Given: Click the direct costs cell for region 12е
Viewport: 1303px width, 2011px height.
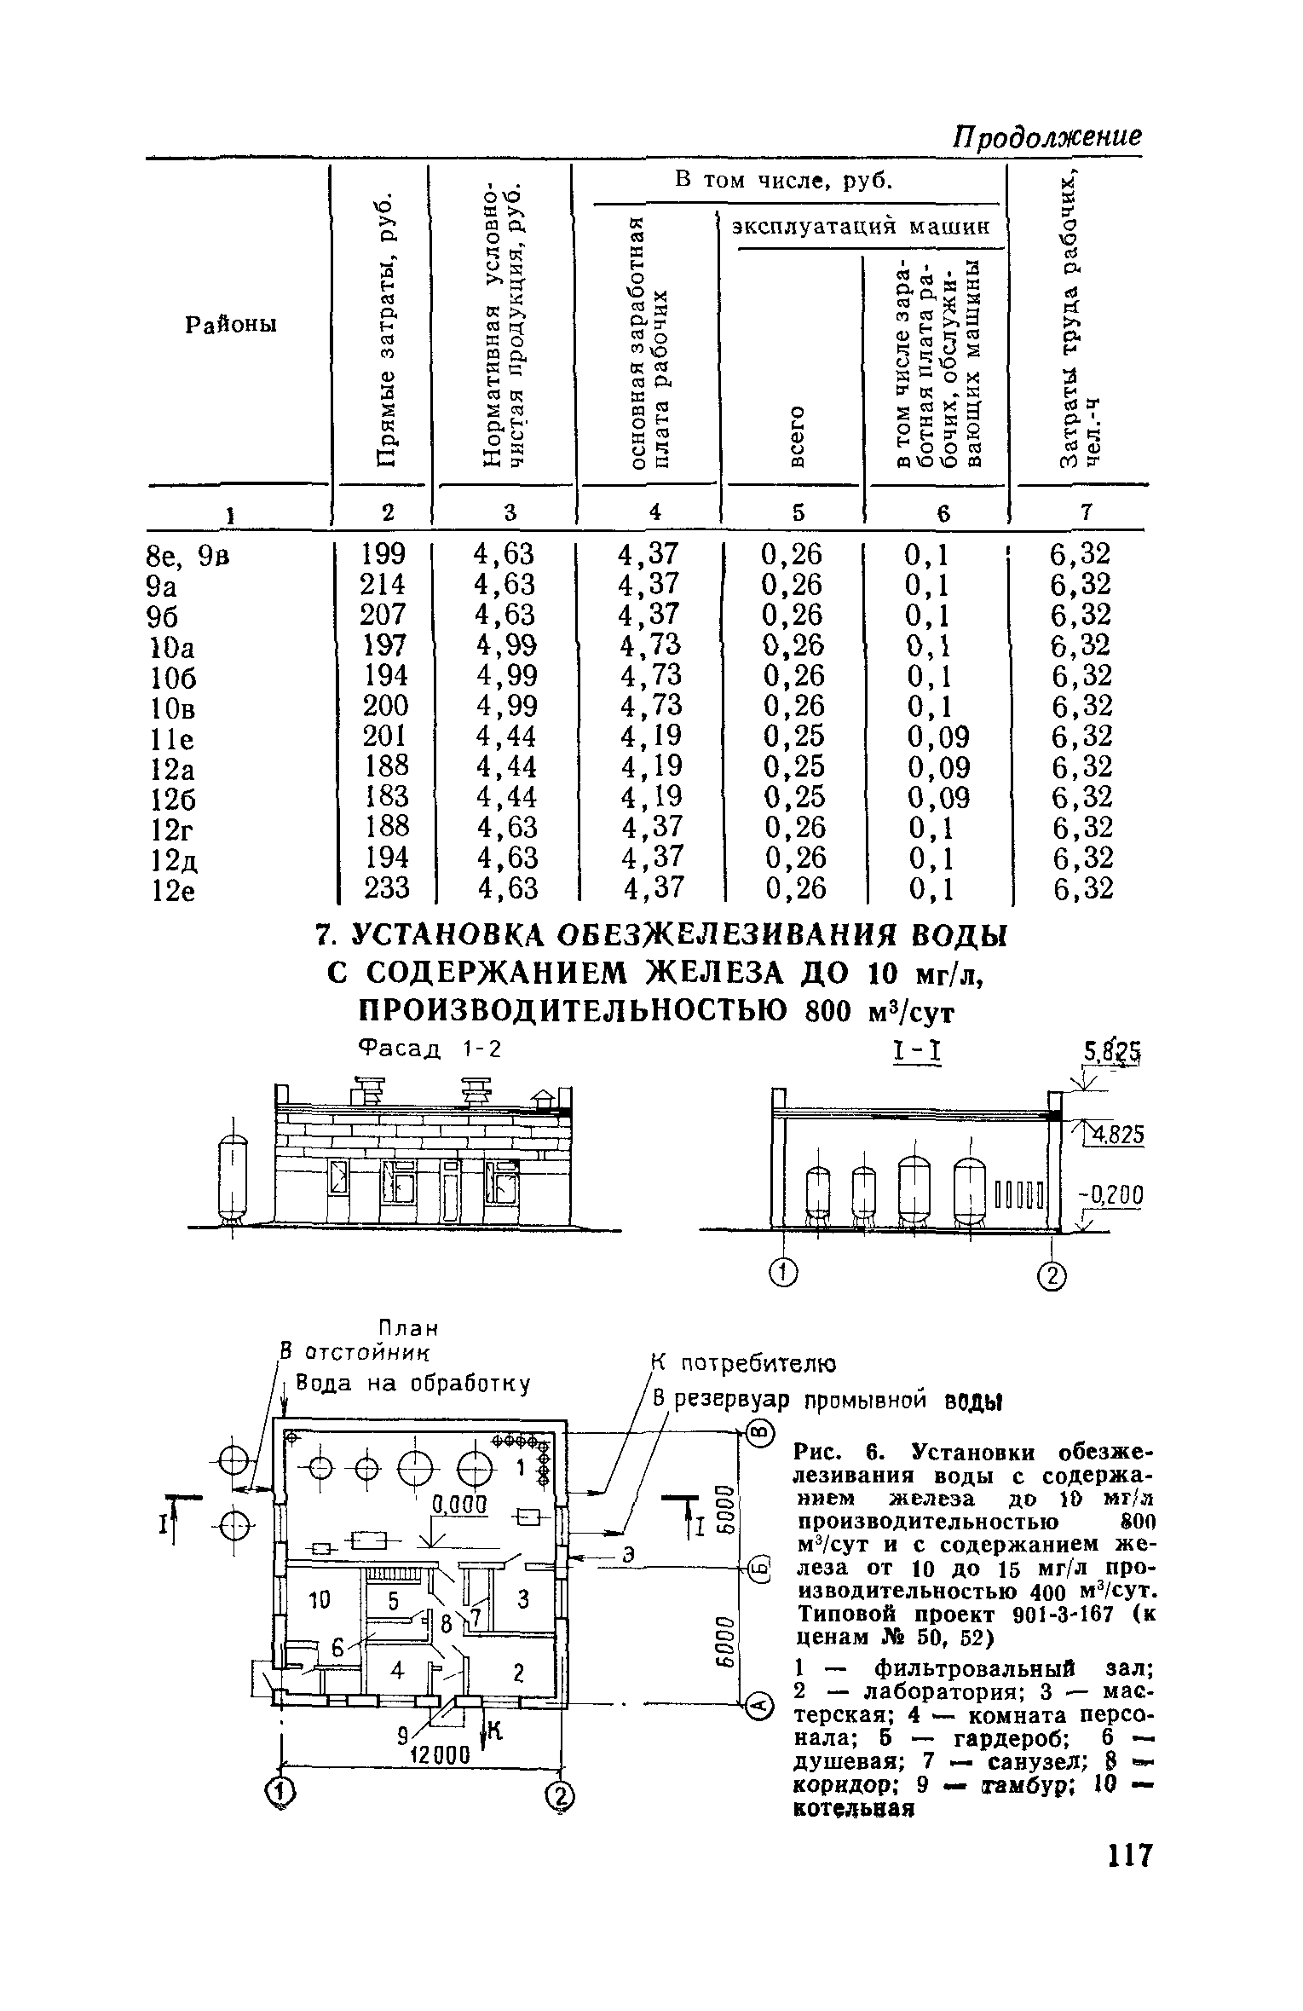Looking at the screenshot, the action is click(x=387, y=888).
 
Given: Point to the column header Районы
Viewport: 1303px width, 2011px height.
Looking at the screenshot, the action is click(x=231, y=326).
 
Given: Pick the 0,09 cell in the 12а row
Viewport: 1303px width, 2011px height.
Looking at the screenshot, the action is click(x=938, y=767).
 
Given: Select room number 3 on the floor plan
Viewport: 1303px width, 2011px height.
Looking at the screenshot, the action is click(x=523, y=1600).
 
